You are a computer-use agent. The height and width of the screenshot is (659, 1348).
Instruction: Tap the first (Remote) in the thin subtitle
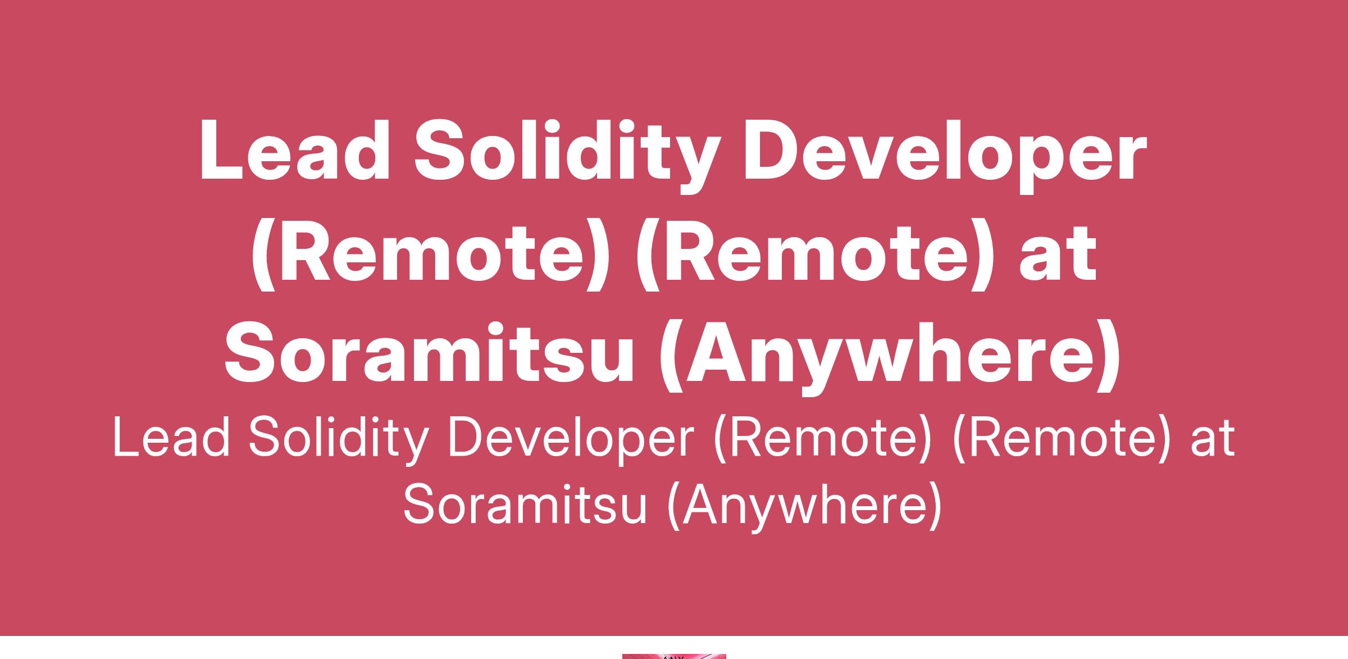coord(823,440)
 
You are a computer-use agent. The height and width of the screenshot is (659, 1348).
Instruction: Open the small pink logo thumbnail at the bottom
coord(674,656)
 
